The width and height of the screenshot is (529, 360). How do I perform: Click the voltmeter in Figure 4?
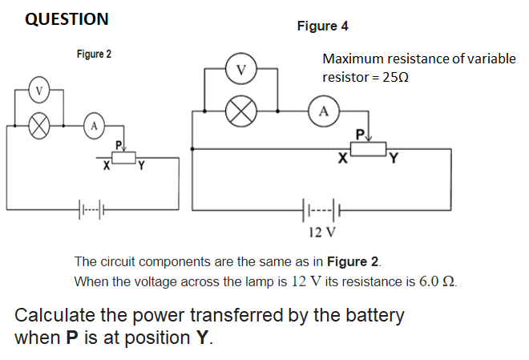[x=240, y=70]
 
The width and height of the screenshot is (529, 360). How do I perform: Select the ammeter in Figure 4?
[x=323, y=111]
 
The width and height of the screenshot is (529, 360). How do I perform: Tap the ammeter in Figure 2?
[x=94, y=125]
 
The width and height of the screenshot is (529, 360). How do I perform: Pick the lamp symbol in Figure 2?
[x=37, y=125]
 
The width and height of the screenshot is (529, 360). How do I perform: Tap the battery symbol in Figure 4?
[x=323, y=212]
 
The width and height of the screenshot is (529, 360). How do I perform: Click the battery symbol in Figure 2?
[x=94, y=212]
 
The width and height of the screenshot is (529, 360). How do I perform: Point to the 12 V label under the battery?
[x=322, y=233]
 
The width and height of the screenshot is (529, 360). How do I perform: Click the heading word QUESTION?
[x=67, y=19]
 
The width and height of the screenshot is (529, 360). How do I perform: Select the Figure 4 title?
[x=322, y=26]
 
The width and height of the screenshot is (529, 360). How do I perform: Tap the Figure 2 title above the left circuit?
[x=94, y=55]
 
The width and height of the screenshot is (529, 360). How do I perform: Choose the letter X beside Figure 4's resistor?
[x=342, y=159]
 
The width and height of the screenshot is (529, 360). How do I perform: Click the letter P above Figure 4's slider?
[x=360, y=132]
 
